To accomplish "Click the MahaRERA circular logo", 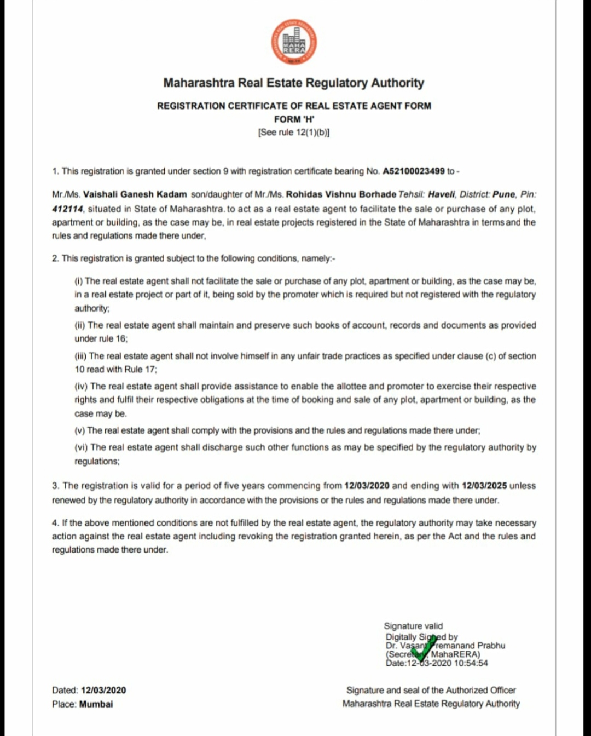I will click(x=294, y=44).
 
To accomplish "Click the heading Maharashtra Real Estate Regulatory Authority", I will click(x=294, y=83).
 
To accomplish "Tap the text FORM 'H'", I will click(x=294, y=119).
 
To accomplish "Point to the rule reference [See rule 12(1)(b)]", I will click(x=294, y=133).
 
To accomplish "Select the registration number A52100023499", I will click(x=414, y=171).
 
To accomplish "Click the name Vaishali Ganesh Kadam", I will click(x=135, y=194).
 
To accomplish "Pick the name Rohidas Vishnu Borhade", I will click(x=341, y=194).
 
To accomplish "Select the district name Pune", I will click(x=503, y=194).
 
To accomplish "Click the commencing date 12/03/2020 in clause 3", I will click(x=367, y=486).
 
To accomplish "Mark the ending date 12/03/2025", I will click(x=484, y=486).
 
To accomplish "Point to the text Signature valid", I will click(x=413, y=626).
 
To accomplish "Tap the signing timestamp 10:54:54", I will click(x=471, y=663).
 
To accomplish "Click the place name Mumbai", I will click(x=96, y=704).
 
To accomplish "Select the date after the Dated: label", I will click(x=103, y=691).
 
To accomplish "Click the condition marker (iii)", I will click(x=80, y=356).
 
